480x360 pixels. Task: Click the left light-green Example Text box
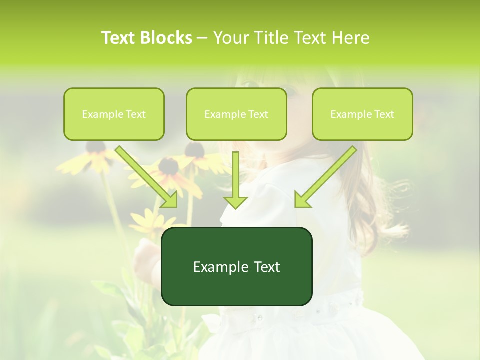pyautogui.click(x=114, y=114)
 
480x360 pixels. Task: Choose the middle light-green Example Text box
pyautogui.click(x=236, y=114)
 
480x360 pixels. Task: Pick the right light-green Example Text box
pyautogui.click(x=362, y=114)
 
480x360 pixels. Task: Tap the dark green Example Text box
pyautogui.click(x=236, y=266)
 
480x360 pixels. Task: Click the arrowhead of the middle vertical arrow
pyautogui.click(x=235, y=201)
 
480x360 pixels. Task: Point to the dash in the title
pyautogui.click(x=203, y=38)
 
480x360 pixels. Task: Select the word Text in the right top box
pyautogui.click(x=384, y=114)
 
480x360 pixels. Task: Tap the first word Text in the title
pyautogui.click(x=118, y=38)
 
